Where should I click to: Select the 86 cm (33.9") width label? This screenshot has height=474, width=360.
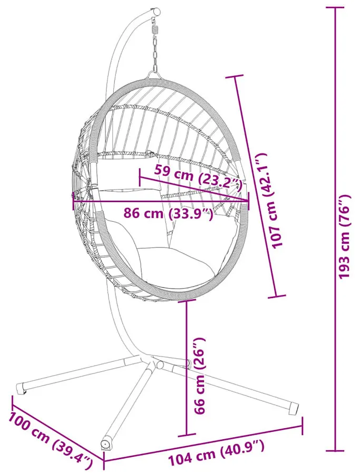pyautogui.click(x=168, y=214)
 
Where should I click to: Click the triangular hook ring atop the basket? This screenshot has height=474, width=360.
pyautogui.click(x=154, y=75)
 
